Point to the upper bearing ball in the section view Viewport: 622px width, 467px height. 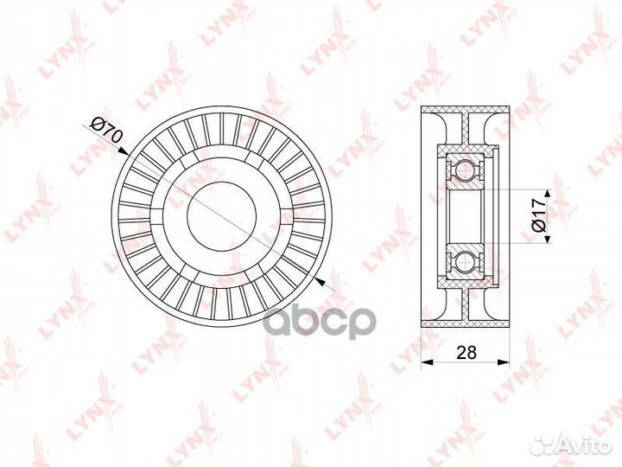tap(466, 170)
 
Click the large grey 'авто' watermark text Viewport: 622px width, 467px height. tap(316, 321)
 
